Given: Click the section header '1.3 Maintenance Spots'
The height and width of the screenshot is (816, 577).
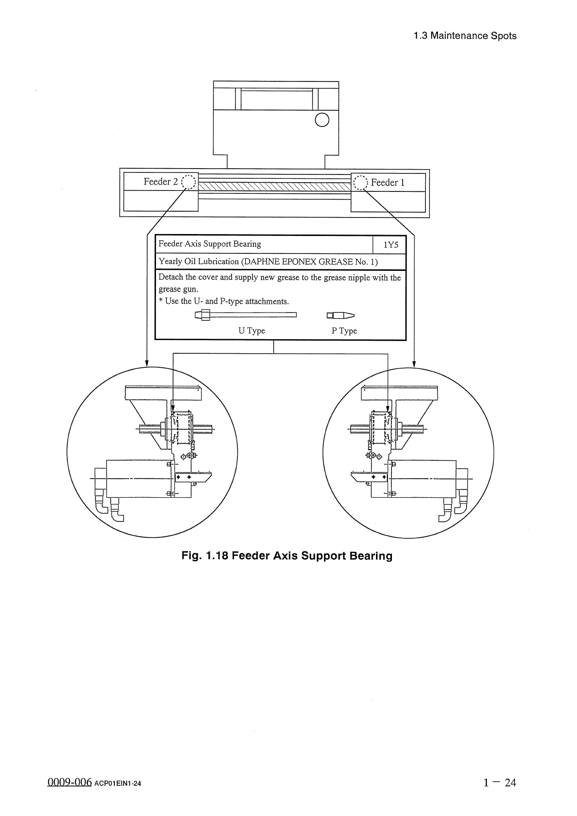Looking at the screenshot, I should (465, 36).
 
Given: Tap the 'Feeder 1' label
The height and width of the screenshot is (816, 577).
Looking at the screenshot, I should (388, 183).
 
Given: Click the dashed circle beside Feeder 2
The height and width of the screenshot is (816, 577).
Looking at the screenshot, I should (188, 182).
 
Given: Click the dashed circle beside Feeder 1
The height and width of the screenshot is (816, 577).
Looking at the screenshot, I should (361, 182).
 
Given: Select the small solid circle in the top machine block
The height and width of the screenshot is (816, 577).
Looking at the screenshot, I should (322, 119).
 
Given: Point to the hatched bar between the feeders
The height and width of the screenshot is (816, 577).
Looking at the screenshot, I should (275, 187).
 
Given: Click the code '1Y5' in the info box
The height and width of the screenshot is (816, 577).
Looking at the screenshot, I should (390, 245).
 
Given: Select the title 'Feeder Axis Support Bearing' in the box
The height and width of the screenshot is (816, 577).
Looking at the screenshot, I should (210, 244).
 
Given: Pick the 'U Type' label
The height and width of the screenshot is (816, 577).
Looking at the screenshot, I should (251, 331).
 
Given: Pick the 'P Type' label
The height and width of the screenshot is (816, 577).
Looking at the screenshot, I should (344, 331).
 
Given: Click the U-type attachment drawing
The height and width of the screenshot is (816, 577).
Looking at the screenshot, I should (246, 315).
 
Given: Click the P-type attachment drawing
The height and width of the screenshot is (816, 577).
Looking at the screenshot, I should (341, 315).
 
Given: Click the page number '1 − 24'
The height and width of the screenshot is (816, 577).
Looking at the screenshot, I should (499, 782).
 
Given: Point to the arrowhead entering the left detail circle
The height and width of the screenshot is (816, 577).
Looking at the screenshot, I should (147, 363).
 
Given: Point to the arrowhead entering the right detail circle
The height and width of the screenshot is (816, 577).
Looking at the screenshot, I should (414, 363).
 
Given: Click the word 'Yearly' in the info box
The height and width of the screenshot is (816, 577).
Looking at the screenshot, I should (170, 262).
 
